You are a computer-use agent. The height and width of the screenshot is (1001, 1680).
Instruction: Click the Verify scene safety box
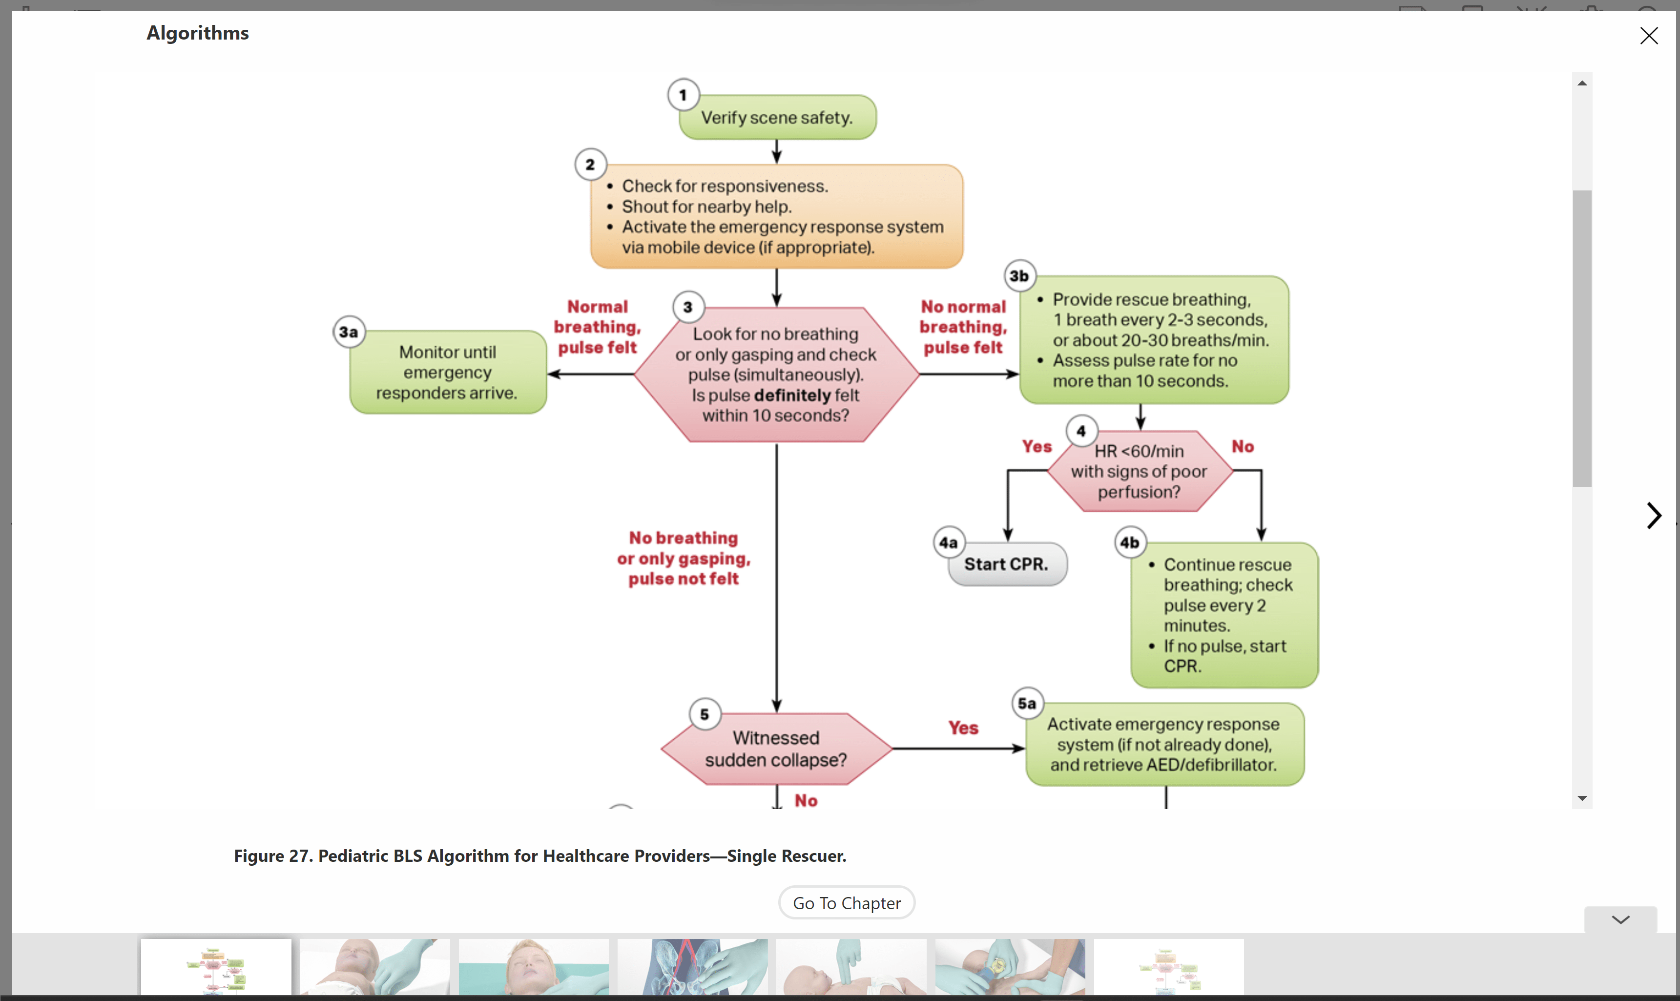(x=777, y=117)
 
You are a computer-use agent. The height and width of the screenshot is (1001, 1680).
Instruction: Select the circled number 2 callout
(x=590, y=165)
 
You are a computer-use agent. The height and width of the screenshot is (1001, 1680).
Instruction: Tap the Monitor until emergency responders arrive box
(x=447, y=373)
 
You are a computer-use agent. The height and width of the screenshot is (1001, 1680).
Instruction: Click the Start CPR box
(x=1006, y=564)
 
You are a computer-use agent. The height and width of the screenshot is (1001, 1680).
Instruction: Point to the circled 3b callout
(x=1019, y=276)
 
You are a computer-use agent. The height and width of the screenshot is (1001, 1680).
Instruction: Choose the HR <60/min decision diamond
(x=1139, y=472)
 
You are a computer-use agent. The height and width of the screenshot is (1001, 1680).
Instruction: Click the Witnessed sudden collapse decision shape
(x=776, y=749)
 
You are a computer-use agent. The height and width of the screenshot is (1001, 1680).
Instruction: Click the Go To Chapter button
(x=847, y=902)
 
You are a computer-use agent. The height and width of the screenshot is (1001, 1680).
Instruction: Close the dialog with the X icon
(x=1648, y=36)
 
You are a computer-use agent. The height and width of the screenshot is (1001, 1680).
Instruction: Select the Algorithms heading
(x=198, y=33)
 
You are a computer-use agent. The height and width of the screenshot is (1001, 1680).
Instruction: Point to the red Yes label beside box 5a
(x=962, y=728)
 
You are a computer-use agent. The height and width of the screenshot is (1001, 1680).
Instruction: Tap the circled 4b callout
(x=1130, y=542)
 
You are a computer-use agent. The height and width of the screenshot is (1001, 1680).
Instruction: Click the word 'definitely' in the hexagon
(x=792, y=396)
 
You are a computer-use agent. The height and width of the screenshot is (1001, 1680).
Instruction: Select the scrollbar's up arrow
(x=1581, y=83)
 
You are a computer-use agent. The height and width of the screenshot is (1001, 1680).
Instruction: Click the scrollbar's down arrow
(x=1581, y=798)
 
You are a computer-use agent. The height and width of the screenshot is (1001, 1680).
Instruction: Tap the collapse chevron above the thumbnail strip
(x=1620, y=919)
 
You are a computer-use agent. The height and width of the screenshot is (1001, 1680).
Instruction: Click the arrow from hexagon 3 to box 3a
(x=590, y=375)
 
